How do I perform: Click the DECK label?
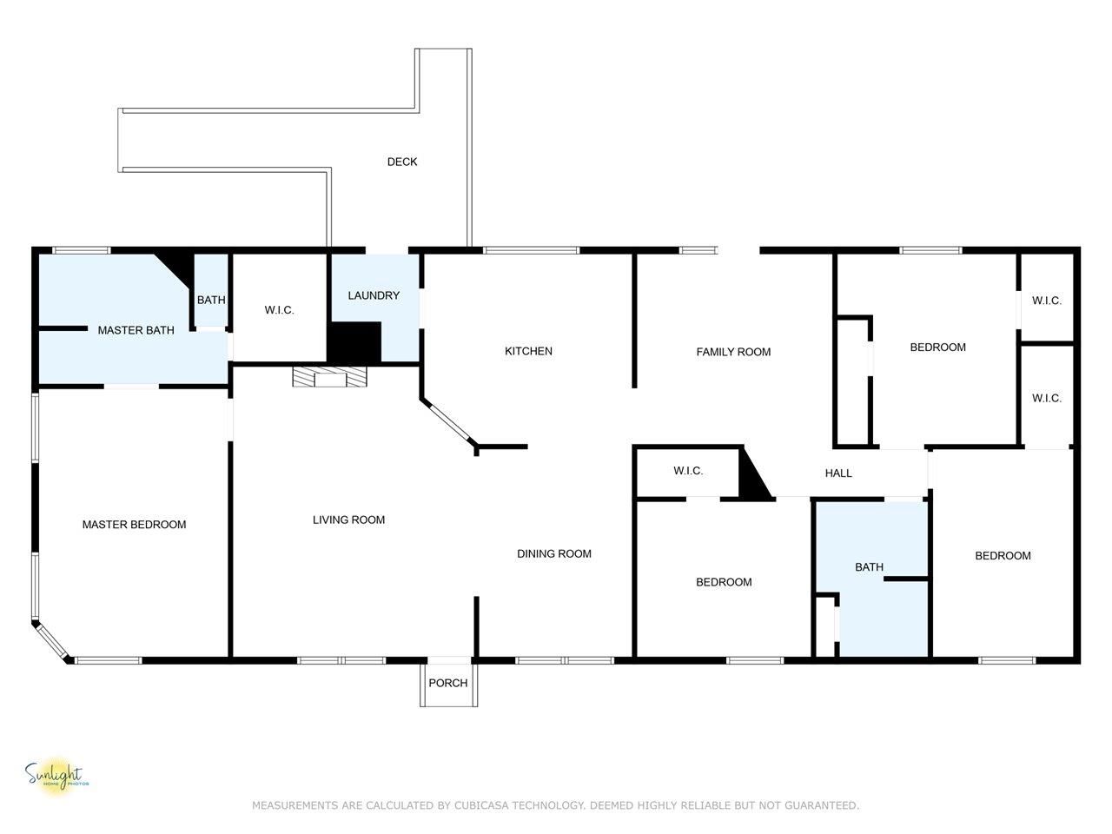(401, 162)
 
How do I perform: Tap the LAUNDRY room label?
(374, 295)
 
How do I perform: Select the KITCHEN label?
(528, 351)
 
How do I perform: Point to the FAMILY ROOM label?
(733, 352)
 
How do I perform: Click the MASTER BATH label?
(136, 330)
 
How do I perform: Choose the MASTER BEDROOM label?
(134, 525)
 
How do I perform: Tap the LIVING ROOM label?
(348, 520)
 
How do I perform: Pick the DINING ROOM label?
(553, 553)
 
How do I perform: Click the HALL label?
(838, 473)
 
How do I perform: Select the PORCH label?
(447, 683)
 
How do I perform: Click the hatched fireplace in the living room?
(330, 377)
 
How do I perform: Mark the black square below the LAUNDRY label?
(354, 342)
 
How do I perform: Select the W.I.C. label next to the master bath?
(279, 310)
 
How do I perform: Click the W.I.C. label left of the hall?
(688, 470)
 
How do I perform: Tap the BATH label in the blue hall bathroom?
(869, 567)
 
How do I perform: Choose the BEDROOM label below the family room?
(724, 582)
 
